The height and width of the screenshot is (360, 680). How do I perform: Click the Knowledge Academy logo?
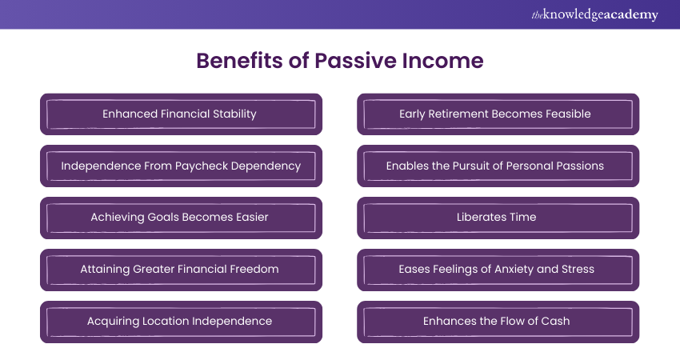coord(594,14)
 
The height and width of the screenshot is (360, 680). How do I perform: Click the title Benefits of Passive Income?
coord(340,62)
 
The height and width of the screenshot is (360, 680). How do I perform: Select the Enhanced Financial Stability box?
coord(181,114)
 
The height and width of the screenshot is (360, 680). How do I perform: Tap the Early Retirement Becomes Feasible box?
coord(498,114)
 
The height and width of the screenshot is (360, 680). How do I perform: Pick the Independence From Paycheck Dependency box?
coord(181,166)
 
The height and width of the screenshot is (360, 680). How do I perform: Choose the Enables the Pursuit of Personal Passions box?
coord(498,166)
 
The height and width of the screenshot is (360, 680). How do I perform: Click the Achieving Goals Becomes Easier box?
coord(181,218)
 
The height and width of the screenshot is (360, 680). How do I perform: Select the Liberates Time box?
coord(498,218)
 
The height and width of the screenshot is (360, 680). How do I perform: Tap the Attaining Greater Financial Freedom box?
coord(181,270)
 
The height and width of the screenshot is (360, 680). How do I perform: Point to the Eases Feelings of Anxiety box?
coord(498,270)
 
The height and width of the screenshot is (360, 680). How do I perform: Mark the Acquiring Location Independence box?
coord(181,322)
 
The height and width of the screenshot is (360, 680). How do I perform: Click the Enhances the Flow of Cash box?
coord(498,322)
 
